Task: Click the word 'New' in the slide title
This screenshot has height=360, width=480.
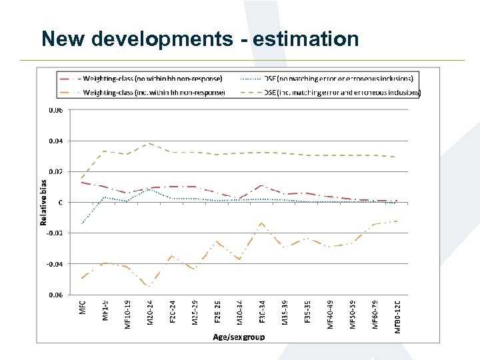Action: [63, 39]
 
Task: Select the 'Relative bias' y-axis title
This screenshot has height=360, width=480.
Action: [45, 202]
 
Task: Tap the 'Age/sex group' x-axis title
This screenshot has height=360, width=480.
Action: [238, 337]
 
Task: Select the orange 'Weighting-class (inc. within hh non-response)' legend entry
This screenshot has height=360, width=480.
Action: [153, 93]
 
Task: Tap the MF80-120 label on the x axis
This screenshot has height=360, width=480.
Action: [398, 317]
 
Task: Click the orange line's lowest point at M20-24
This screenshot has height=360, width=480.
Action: [149, 287]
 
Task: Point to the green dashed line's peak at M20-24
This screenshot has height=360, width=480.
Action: [149, 143]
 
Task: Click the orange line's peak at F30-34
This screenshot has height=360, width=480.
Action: [262, 223]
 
